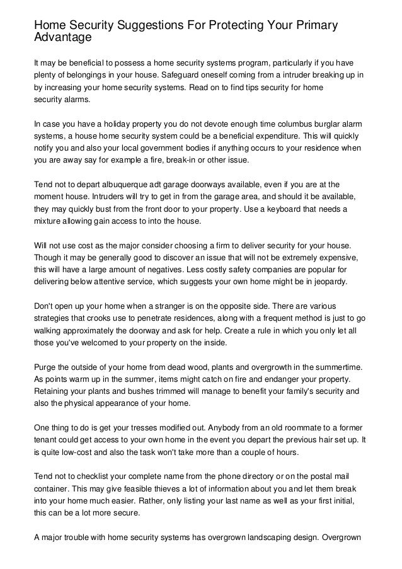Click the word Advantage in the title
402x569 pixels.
tap(63, 38)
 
